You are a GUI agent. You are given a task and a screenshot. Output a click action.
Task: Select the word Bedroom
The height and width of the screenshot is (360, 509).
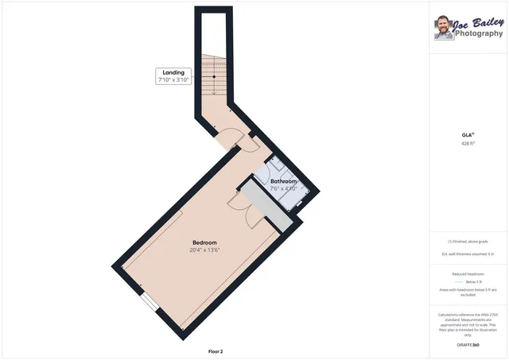[204, 242]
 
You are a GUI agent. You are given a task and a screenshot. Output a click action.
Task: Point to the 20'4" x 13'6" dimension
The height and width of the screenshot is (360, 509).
[204, 250]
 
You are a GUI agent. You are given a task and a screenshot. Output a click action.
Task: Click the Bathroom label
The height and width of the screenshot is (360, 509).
[283, 182]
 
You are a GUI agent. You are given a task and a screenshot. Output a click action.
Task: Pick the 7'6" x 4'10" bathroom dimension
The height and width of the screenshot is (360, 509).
[283, 189]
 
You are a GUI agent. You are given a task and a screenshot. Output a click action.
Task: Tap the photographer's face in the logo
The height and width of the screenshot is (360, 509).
[443, 29]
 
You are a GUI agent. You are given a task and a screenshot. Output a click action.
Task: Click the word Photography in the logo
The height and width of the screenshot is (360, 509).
[479, 33]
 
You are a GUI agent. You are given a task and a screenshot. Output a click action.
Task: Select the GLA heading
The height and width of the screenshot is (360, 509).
[468, 135]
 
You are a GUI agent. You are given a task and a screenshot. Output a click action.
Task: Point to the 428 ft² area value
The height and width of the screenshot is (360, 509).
[468, 144]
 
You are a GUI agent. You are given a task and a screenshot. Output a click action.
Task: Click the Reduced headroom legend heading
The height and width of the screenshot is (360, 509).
[468, 273]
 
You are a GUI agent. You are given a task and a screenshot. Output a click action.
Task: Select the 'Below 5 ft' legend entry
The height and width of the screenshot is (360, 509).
[474, 282]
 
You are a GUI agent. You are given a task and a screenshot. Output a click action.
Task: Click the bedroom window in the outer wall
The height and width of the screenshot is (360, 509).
[149, 303]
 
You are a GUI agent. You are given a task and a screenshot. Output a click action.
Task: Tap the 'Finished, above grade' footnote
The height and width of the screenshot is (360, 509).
[468, 241]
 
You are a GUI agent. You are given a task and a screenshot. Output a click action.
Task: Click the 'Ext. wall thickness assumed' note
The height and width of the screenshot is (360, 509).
[468, 254]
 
